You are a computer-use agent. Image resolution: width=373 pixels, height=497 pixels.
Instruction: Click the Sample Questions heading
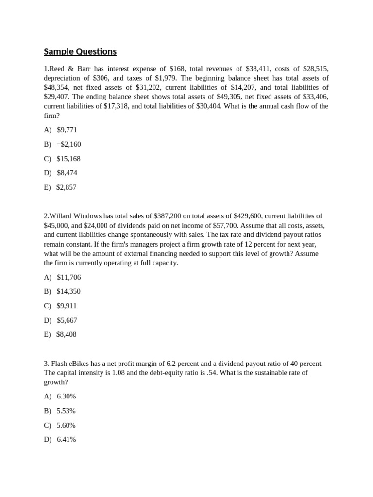[80, 52]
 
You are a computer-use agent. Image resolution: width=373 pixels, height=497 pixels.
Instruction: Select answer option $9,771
[67, 130]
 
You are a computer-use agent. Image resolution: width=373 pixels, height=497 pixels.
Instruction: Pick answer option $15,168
[68, 159]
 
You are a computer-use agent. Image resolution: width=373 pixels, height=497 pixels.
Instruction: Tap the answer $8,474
[67, 173]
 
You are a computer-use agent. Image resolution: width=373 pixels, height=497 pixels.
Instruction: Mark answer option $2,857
[67, 187]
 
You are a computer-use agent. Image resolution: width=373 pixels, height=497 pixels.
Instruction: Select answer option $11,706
[68, 277]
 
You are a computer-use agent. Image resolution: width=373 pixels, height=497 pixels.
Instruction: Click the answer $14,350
[68, 291]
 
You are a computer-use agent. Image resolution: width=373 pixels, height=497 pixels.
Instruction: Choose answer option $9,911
[67, 306]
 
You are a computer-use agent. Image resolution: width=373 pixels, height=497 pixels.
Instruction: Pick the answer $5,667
[67, 320]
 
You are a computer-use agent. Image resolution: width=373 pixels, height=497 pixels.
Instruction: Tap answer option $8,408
[67, 334]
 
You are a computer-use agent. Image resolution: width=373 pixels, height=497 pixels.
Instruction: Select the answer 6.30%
[66, 396]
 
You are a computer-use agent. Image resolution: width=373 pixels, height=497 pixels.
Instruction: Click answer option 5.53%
[66, 411]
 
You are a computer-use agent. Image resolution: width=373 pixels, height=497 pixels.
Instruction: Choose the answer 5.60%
[66, 425]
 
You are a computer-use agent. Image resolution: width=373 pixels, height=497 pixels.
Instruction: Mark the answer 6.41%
[66, 439]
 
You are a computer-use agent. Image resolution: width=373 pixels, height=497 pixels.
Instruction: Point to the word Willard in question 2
[62, 216]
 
